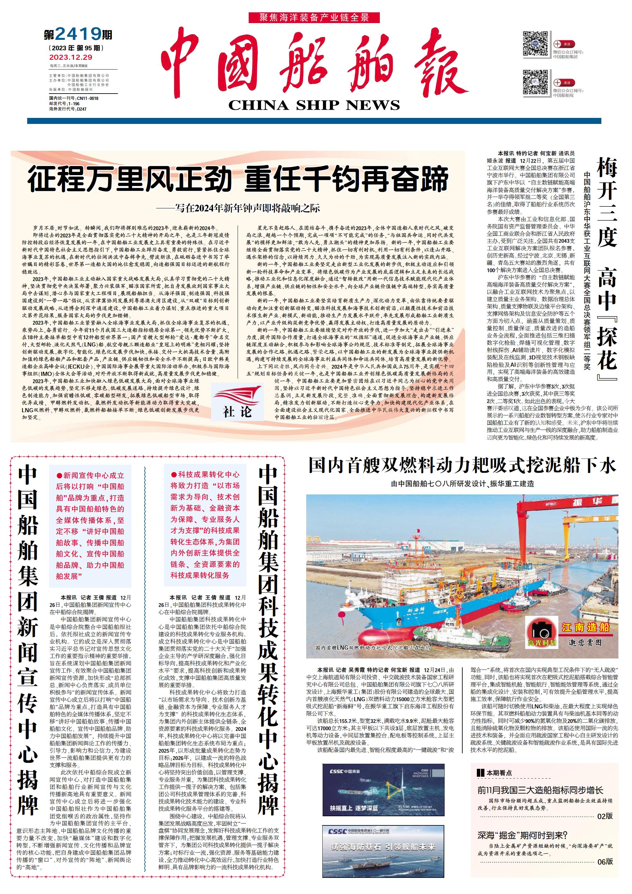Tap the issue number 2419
pos(78,35)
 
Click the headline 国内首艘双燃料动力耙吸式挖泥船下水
pos(462,466)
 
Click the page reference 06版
pos(605,862)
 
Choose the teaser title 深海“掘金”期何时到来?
pos(522,835)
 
